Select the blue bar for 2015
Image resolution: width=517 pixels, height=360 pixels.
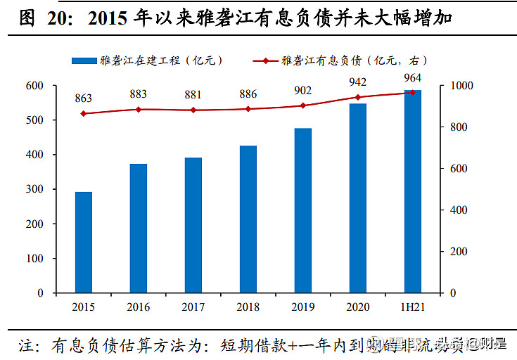pos(84,242)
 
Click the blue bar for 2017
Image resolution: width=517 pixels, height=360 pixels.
pos(193,225)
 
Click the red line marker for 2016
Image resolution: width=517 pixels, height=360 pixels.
pos(139,110)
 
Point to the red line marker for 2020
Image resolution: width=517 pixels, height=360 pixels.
pos(358,98)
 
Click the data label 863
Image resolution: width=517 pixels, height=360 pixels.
pos(84,98)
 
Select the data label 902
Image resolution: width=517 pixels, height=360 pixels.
pos(302,90)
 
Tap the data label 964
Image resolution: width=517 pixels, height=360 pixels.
pos(413,77)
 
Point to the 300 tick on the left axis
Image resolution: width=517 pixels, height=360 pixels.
pos(54,189)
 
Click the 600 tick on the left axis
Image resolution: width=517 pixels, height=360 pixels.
pos(54,86)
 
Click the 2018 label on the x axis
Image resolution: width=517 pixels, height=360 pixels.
pos(248,307)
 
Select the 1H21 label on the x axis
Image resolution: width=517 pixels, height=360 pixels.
pos(412,307)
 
